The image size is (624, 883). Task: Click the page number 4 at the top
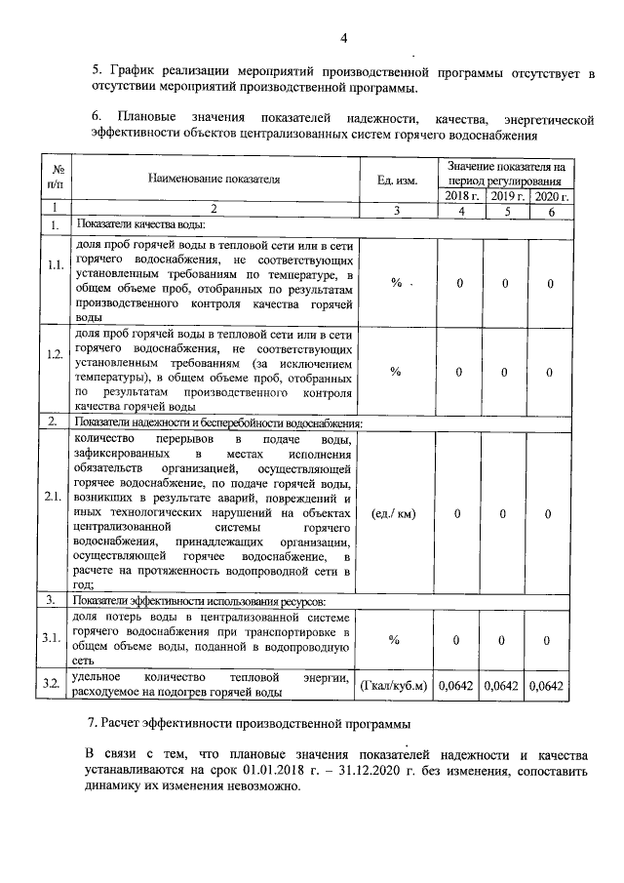pos(343,38)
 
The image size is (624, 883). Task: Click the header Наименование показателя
pos(214,180)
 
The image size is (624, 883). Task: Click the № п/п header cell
pos(58,180)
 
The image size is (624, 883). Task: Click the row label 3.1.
pos(56,638)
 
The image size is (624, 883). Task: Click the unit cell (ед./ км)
pos(396,514)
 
